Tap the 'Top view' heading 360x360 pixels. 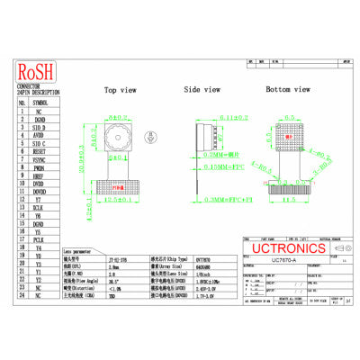pyautogui.click(x=121, y=90)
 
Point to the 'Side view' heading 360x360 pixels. pyautogui.click(x=202, y=90)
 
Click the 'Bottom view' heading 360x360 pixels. pyautogui.click(x=287, y=90)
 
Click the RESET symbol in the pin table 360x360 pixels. pyautogui.click(x=38, y=152)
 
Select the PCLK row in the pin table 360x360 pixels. pyautogui.click(x=38, y=238)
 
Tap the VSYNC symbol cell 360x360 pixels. pyautogui.click(x=38, y=160)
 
